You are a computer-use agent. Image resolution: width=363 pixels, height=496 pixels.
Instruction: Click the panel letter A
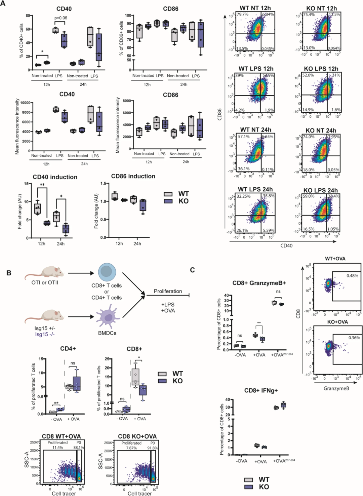point(3,5)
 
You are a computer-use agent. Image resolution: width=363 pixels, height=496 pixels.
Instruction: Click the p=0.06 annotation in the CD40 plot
point(61,18)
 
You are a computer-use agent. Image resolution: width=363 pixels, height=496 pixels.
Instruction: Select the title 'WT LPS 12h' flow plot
point(256,69)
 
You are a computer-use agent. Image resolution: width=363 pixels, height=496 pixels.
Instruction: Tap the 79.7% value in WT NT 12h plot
point(242,14)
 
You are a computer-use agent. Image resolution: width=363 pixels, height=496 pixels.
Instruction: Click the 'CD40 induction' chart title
point(55,177)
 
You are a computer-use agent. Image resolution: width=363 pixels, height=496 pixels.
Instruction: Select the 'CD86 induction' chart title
point(133,176)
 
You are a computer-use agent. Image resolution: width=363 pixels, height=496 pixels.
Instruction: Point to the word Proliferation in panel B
point(168,291)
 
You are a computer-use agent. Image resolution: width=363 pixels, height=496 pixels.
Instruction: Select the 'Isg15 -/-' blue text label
point(45,334)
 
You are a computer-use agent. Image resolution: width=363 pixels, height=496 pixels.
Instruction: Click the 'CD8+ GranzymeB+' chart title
point(259,283)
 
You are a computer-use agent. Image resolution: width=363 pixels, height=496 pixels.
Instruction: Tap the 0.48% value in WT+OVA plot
point(352,276)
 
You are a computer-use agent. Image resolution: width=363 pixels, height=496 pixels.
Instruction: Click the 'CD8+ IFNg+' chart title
point(261,390)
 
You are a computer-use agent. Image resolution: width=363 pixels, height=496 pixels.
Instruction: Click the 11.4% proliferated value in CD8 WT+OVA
point(57,448)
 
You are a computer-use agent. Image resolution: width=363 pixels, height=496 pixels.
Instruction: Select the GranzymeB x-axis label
point(336,388)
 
